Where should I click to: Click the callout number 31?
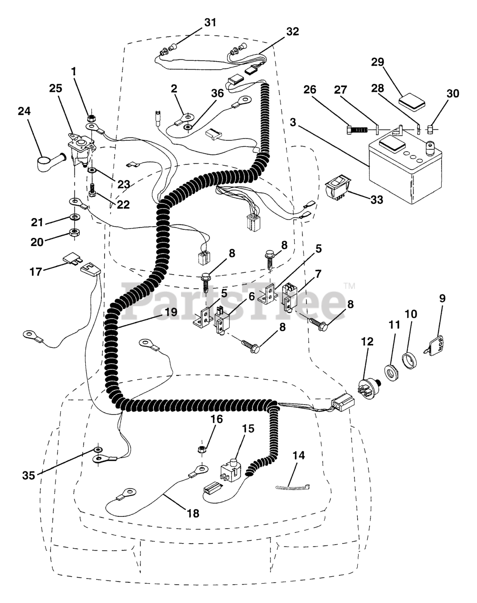point(210,23)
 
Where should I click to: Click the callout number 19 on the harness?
point(171,312)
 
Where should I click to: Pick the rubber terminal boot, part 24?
point(51,162)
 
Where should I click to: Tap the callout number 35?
point(29,475)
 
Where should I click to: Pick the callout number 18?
point(193,513)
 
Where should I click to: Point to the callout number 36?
point(217,93)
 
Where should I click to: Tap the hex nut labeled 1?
point(90,117)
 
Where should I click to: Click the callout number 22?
point(123,204)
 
